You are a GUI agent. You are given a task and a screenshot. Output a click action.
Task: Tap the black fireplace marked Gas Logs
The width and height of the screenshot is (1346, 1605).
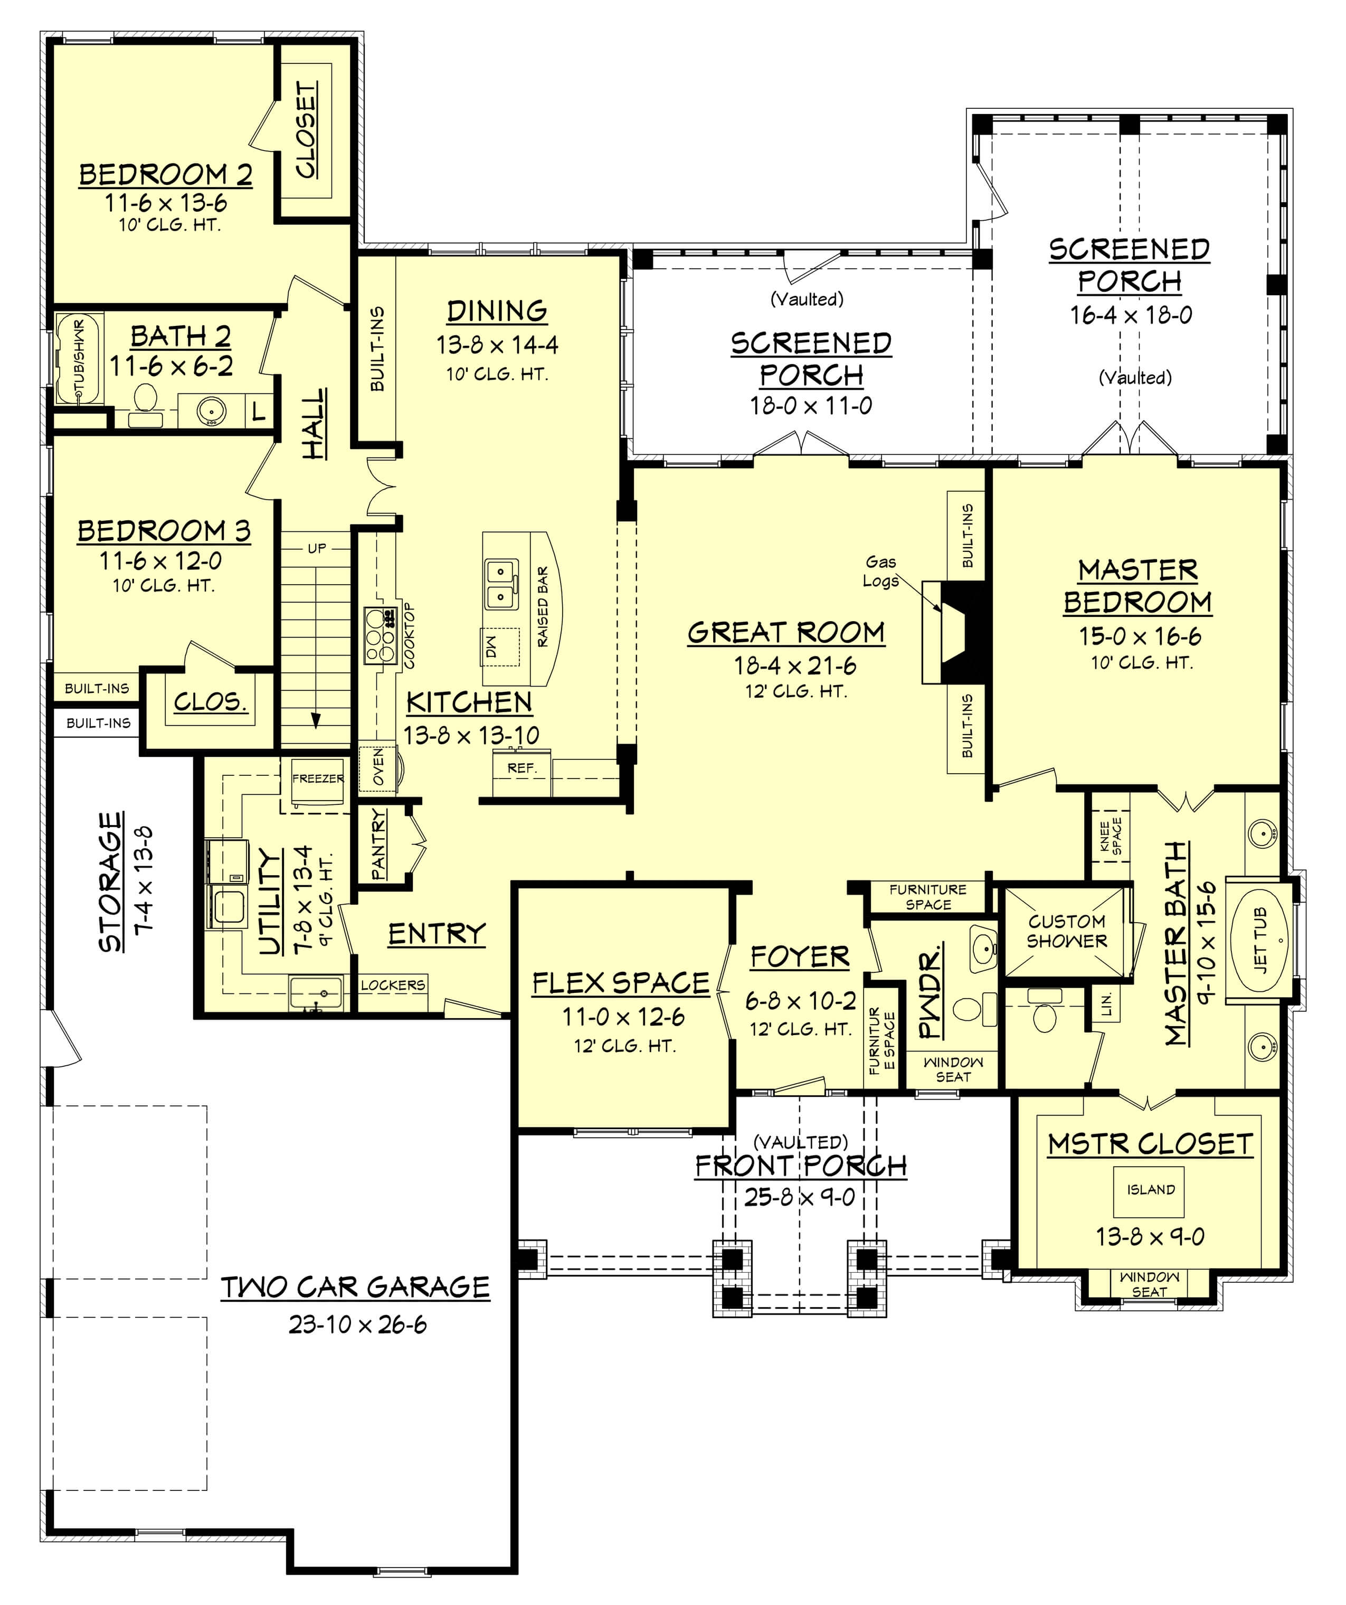coord(964,633)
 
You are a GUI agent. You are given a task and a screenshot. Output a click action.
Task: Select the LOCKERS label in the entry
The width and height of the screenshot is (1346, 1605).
coord(393,985)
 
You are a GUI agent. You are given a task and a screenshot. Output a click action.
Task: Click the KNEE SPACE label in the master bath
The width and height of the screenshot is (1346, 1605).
coord(1110,837)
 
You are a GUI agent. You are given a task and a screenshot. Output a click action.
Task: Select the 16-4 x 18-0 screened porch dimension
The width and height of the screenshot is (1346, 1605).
coord(1131,315)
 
